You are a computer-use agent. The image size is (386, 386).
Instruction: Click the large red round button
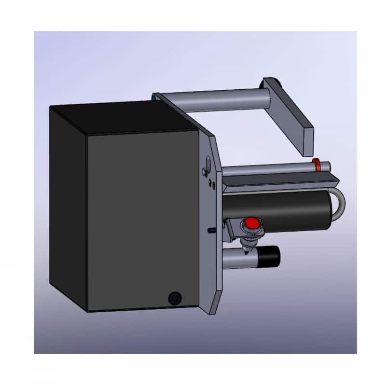pos(251,223)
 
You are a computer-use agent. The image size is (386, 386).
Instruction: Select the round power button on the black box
pos(173,298)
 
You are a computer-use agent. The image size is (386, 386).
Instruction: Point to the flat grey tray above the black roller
pos(280,182)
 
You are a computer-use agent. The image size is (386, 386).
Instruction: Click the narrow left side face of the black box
pos(68,203)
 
